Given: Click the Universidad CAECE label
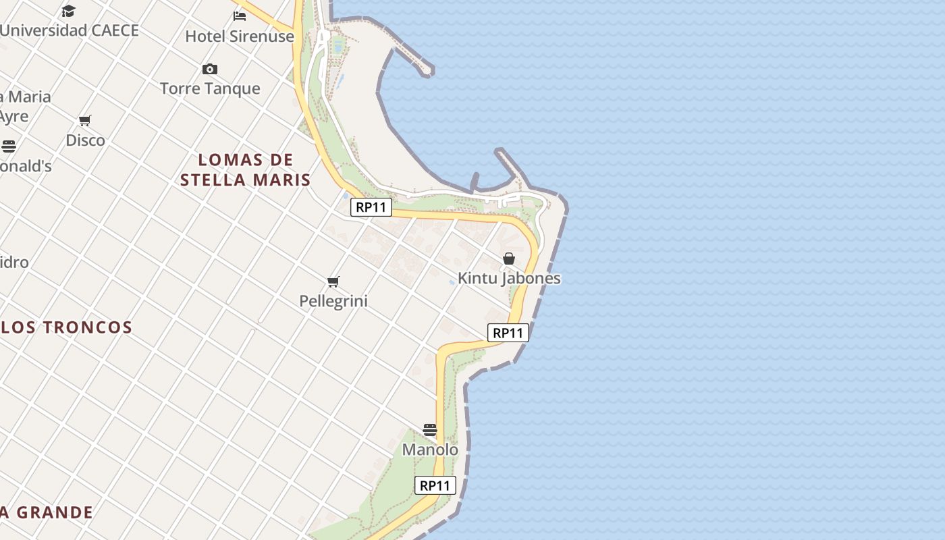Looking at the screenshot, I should [x=70, y=30].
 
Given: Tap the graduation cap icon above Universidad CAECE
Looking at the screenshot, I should [x=68, y=11].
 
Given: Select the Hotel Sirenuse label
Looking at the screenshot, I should [x=240, y=36].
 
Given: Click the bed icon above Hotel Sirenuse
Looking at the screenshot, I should [x=240, y=16].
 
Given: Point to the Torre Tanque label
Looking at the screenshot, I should [x=210, y=88].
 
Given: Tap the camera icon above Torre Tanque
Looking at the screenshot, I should [x=210, y=69].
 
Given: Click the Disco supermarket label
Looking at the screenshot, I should [x=85, y=140].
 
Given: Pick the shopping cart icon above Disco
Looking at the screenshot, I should [x=85, y=121].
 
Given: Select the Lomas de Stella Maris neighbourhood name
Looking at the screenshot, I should [x=246, y=170].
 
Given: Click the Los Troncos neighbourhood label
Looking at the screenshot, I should [x=66, y=327].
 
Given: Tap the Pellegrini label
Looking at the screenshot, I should [x=333, y=301].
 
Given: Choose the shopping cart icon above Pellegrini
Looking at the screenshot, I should [x=333, y=281].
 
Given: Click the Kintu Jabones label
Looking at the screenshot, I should [x=509, y=278].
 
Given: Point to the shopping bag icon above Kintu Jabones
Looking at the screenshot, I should [x=509, y=259].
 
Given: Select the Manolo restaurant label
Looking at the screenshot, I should [x=430, y=450].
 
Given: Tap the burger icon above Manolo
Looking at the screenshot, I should [x=430, y=430].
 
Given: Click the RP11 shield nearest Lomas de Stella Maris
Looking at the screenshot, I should [x=371, y=207].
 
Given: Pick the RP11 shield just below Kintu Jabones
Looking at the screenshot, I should [x=508, y=333].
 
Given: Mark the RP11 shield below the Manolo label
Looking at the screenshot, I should [x=435, y=485].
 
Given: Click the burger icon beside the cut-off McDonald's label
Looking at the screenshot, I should [x=8, y=146].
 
